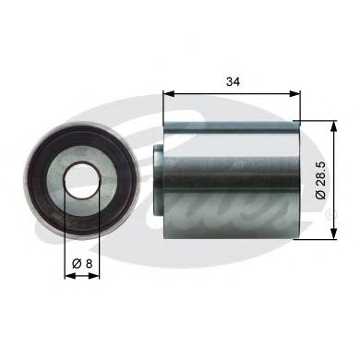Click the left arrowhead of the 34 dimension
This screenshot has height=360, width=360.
coord(169,92)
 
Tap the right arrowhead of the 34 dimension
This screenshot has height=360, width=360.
coord(298,92)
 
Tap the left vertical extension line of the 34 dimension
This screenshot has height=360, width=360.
coord(163,106)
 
